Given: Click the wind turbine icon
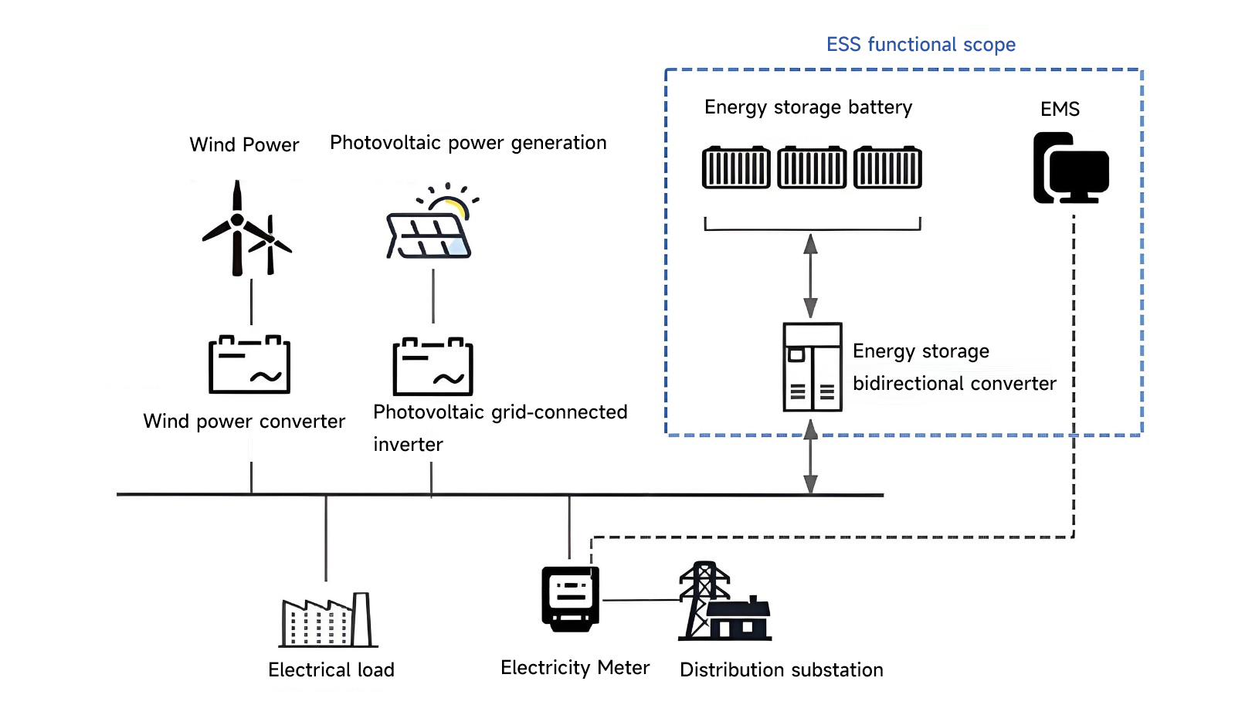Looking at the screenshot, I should pos(243,229).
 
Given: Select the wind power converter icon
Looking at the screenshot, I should pos(249,364).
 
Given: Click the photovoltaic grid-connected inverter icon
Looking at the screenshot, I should pos(433,367).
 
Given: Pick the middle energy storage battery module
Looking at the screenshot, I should pos(812,167).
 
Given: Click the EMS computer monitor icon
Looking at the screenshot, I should pos(1071,168).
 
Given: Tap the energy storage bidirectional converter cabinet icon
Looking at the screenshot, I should pos(812,367).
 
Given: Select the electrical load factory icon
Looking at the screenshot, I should pos(327,620).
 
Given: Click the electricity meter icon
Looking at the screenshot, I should pos(571,598).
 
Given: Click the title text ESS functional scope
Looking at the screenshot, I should pos(921,45).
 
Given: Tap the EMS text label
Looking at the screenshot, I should pos(1060,110).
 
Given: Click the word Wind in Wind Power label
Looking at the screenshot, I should pos(212,145).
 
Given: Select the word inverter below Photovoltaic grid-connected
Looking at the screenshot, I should pos(408,445).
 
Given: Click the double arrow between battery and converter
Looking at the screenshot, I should pos(810,276).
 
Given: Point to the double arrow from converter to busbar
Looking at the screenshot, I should pos(810,456).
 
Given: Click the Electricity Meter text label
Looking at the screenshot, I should pos(575,668).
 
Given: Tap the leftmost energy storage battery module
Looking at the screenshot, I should pos(736,167).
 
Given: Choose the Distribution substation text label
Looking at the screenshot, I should pos(781,670).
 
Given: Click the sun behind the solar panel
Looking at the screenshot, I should pos(453,205).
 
